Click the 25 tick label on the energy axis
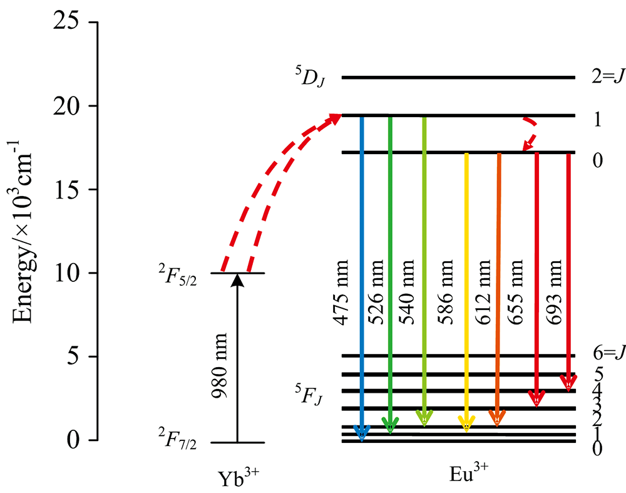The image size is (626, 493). [x=66, y=23]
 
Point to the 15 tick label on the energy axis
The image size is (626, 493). [x=66, y=189]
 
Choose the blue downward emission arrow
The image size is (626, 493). [x=362, y=276]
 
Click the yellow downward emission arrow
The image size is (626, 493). [x=466, y=288]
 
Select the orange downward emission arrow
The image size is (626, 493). [x=498, y=288]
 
